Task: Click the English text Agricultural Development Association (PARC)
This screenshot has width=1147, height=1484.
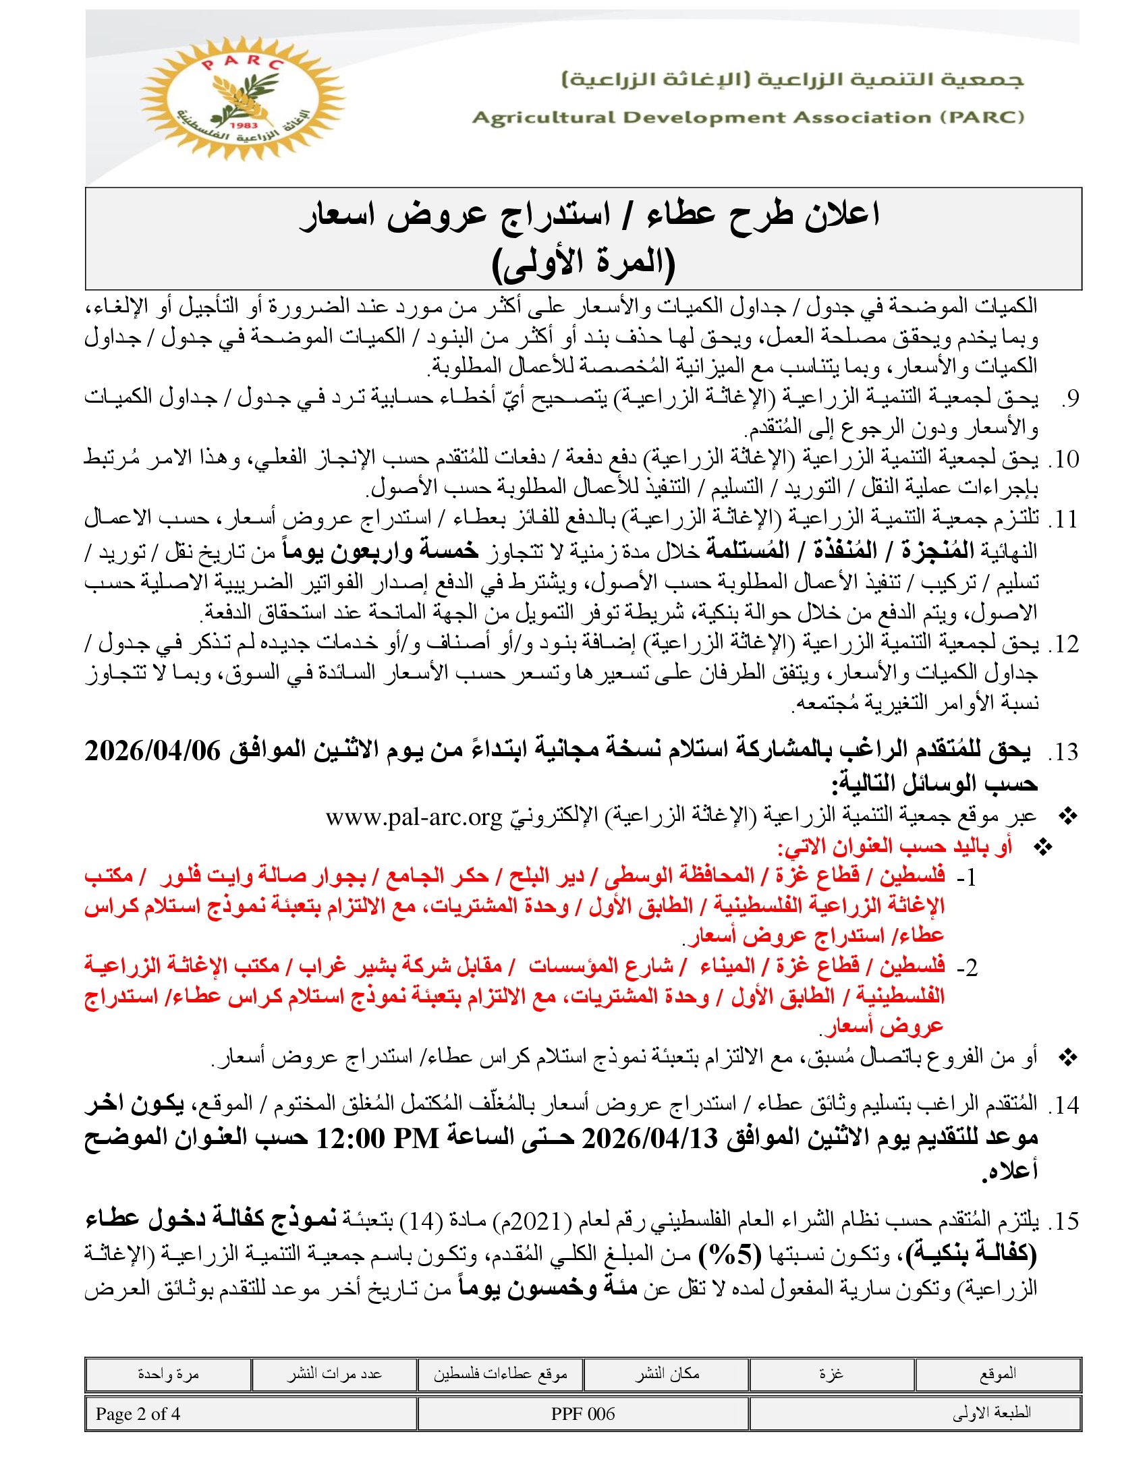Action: [748, 117]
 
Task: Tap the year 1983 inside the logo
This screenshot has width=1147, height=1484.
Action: [243, 126]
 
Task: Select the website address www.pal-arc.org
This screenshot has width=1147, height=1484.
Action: [414, 816]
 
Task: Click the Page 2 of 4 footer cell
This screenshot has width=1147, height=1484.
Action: [138, 1414]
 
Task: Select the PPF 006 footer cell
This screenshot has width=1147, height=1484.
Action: [583, 1414]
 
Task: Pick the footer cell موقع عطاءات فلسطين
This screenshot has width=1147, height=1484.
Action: [500, 1373]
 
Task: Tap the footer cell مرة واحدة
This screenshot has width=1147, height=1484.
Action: [168, 1373]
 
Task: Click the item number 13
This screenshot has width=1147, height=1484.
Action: [1066, 753]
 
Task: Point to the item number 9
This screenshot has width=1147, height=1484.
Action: [1070, 399]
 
